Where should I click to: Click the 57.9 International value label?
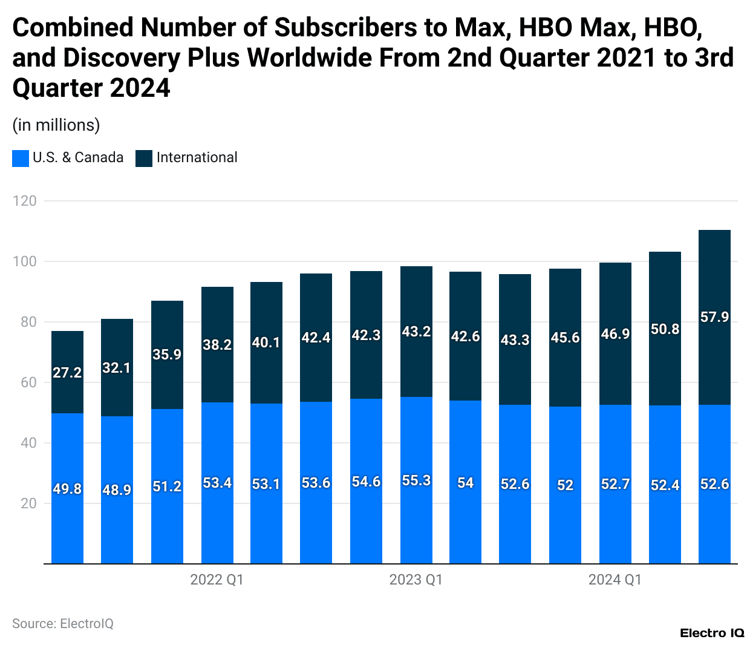point(714,317)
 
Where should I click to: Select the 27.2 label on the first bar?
point(67,373)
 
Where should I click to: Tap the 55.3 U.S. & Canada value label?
point(416,480)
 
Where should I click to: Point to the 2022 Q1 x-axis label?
point(217,580)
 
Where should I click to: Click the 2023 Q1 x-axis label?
point(416,580)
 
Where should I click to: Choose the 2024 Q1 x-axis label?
point(615,580)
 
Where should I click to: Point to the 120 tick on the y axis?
point(25,201)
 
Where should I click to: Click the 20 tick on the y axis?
point(28,503)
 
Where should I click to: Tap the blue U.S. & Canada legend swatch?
point(21,159)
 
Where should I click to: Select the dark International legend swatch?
point(144,159)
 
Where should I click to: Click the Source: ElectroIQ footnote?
point(63,624)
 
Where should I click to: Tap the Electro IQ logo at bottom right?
point(712,633)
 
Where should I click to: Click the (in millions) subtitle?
point(56,125)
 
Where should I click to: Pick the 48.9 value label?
point(117,489)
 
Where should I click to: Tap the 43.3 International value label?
point(515,340)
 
